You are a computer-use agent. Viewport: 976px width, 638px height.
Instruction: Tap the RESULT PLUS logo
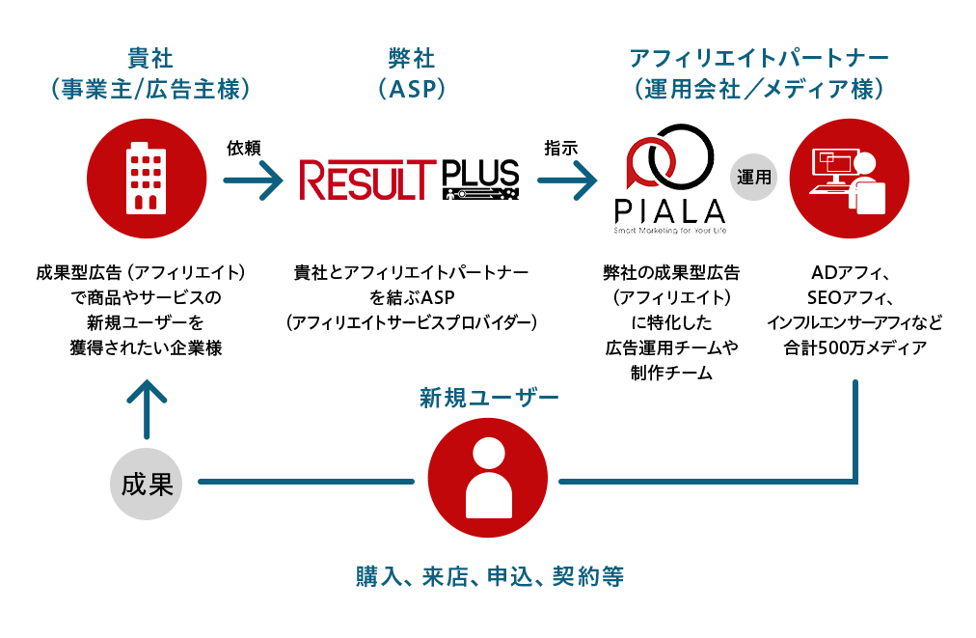coord(409,180)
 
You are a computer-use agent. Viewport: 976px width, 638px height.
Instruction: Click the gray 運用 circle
coord(753,178)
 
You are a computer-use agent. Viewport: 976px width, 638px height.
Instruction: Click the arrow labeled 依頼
coord(253,180)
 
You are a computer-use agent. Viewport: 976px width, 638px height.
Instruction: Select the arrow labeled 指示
coord(568,180)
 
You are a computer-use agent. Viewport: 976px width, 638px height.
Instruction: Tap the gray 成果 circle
coord(147,482)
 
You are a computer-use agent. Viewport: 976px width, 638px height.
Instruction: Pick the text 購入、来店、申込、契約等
coord(490,577)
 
